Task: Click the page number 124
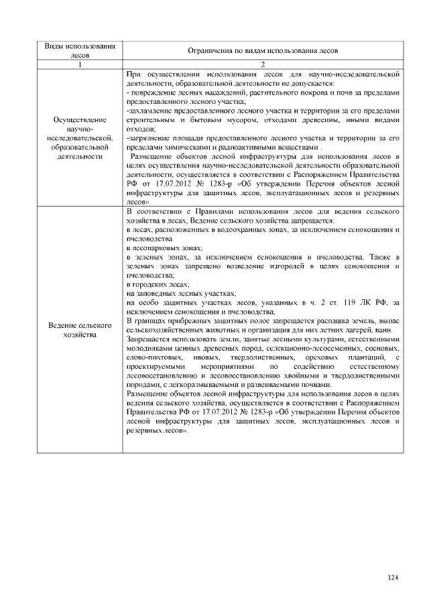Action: [x=393, y=577]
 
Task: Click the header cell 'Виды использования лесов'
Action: [x=80, y=50]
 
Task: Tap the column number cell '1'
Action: [x=80, y=64]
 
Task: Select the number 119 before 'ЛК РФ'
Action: [x=344, y=302]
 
